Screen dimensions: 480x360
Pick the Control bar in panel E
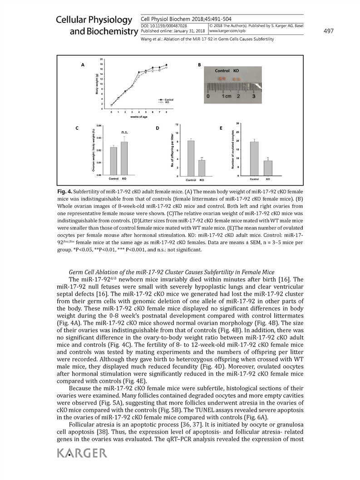point(255,158)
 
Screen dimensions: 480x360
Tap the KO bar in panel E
point(268,168)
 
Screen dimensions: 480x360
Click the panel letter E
point(221,128)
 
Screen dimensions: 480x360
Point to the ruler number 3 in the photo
point(253,97)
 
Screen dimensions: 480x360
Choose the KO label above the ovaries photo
point(236,71)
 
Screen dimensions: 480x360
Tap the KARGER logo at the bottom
point(82,452)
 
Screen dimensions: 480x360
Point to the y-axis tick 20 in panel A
point(102,59)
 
